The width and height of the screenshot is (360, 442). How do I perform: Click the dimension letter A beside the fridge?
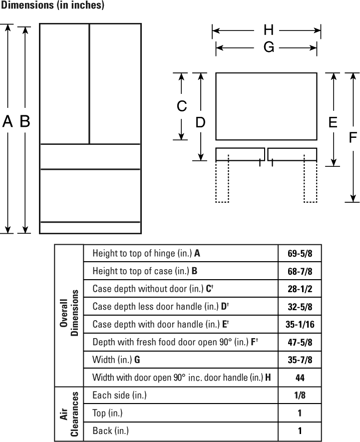click(x=7, y=121)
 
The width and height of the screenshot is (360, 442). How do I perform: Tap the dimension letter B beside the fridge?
click(x=25, y=121)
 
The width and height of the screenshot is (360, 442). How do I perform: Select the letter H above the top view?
click(x=269, y=30)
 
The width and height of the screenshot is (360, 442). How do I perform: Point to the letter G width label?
click(x=269, y=47)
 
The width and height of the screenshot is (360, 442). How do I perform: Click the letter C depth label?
click(x=182, y=106)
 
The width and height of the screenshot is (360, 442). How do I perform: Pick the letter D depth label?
click(x=200, y=122)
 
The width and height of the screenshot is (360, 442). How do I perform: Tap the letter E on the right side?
click(x=333, y=122)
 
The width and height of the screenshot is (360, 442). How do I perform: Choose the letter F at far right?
click(x=353, y=137)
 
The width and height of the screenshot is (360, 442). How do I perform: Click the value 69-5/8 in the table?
click(x=300, y=253)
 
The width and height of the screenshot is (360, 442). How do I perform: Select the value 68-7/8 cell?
click(x=300, y=271)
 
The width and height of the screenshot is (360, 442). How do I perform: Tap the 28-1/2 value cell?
click(x=300, y=289)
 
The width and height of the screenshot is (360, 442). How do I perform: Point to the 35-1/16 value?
click(x=300, y=325)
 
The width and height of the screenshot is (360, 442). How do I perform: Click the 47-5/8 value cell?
click(x=300, y=342)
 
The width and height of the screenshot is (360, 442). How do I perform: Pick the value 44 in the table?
click(x=300, y=378)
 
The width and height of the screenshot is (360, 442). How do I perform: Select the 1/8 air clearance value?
click(x=300, y=395)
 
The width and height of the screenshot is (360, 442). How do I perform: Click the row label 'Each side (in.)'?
click(x=119, y=395)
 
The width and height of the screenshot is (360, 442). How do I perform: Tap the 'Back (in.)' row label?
click(x=110, y=431)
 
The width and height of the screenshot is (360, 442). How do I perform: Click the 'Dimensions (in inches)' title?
click(x=52, y=5)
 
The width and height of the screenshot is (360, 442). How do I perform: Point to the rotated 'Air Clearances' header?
click(x=69, y=414)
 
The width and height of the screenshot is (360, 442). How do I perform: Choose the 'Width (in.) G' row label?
click(x=116, y=360)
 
